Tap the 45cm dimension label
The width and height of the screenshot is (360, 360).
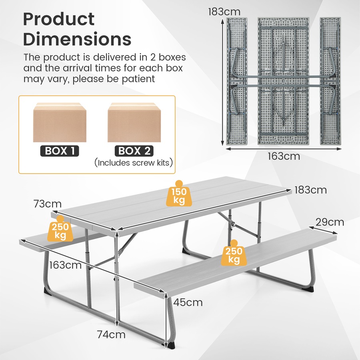pos(188,302)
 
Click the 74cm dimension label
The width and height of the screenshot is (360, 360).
pos(112,334)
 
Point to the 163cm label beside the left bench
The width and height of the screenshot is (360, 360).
pos(66,265)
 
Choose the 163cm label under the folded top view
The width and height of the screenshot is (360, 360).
pos(284,156)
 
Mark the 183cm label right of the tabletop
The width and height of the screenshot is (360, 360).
pos(311,190)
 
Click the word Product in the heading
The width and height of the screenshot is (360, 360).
pos(59,19)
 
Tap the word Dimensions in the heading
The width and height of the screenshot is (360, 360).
pos(77,39)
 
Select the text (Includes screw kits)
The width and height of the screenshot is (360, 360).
pos(134,163)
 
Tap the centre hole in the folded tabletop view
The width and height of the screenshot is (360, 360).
pos(284,80)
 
